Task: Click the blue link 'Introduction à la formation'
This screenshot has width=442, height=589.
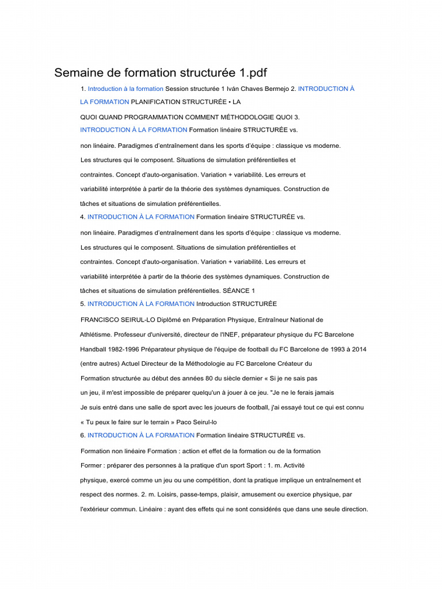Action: click(x=125, y=89)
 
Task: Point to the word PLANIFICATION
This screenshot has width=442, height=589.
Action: click(x=158, y=102)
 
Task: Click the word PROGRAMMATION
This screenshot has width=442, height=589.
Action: click(x=150, y=117)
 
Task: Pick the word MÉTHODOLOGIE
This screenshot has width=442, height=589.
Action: click(x=242, y=117)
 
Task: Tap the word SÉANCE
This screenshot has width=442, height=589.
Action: click(x=237, y=291)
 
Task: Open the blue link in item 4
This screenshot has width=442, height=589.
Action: click(x=141, y=217)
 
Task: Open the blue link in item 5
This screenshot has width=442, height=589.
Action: click(x=141, y=304)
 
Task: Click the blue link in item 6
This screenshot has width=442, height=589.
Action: click(x=141, y=435)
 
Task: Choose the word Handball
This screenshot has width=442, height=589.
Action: click(x=93, y=349)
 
